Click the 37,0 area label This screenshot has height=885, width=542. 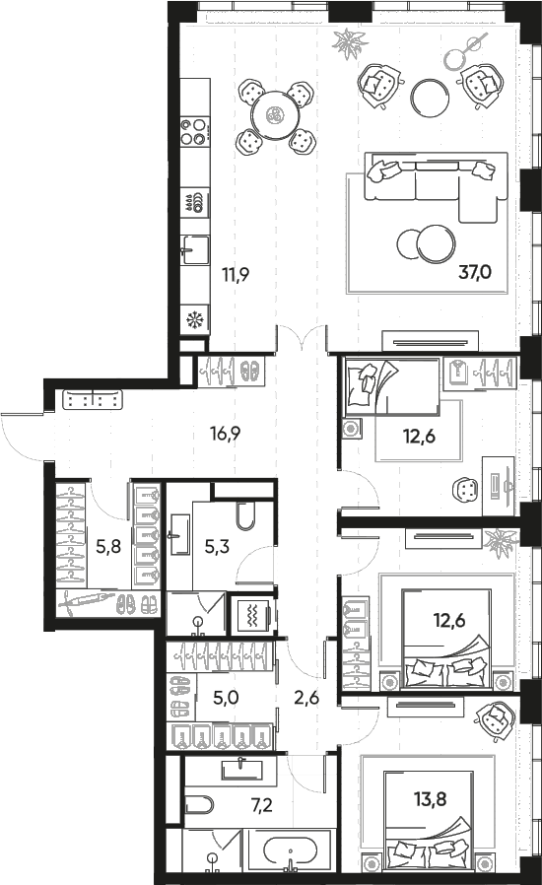click(x=475, y=273)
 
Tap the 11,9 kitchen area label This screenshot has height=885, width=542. click(x=236, y=275)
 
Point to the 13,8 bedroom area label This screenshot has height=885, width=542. click(x=431, y=799)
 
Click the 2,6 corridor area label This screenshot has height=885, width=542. click(x=306, y=698)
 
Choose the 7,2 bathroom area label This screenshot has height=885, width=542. click(x=261, y=804)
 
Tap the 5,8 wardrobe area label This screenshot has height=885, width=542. click(x=107, y=546)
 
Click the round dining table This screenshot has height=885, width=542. click(x=276, y=115)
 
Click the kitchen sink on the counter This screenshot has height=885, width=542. click(x=195, y=249)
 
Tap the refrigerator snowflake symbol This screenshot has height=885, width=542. click(x=195, y=320)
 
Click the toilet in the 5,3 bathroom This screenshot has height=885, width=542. click(x=245, y=514)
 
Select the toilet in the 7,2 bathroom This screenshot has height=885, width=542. click(x=199, y=805)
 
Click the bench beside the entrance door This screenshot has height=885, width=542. click(x=94, y=400)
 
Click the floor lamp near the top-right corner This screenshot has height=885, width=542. click(x=465, y=49)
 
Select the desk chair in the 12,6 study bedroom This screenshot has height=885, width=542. click(x=466, y=490)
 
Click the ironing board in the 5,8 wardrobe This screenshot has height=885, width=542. click(x=86, y=602)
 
